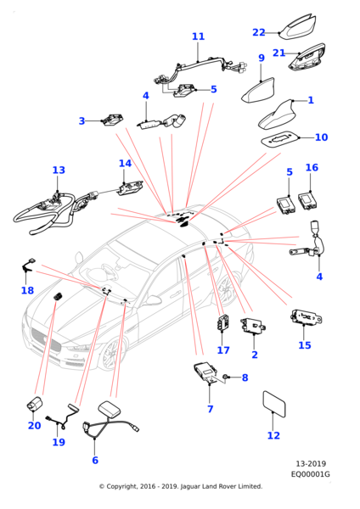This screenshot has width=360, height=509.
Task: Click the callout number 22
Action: click(259, 32)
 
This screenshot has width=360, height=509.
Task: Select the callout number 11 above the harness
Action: click(198, 36)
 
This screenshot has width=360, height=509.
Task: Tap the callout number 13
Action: click(59, 171)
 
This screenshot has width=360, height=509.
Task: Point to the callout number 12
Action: click(273, 436)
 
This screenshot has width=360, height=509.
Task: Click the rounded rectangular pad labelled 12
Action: click(274, 404)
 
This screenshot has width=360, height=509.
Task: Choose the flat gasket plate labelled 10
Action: click(280, 139)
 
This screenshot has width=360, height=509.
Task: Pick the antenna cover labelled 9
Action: click(258, 91)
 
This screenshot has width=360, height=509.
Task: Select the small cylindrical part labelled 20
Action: click(35, 404)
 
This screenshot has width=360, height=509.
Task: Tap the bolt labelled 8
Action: click(224, 377)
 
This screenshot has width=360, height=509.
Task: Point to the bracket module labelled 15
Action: click(306, 317)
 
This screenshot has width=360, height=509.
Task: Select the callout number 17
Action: click(223, 350)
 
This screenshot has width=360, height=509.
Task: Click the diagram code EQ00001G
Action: click(310, 474)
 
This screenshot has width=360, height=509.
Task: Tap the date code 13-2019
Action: click(311, 463)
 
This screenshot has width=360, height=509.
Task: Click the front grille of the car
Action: click(45, 339)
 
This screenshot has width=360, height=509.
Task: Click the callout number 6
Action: click(95, 461)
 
